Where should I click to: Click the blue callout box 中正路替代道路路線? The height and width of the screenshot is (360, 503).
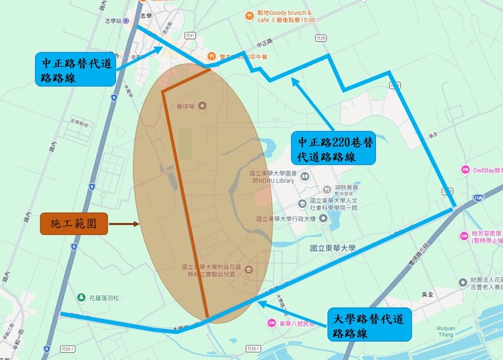[x=75, y=70]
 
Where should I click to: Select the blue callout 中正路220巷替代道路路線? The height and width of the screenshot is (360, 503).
[x=333, y=148]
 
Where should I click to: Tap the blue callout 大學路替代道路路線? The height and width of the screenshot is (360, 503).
[x=370, y=324]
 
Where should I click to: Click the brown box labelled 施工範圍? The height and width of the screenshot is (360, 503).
[x=74, y=223]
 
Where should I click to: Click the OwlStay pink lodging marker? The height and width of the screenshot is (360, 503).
[x=465, y=169]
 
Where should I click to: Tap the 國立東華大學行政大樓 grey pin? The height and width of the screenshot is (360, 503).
[x=323, y=219]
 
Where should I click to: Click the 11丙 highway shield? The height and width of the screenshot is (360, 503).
[x=480, y=197]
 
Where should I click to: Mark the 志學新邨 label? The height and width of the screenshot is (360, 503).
[x=79, y=123]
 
